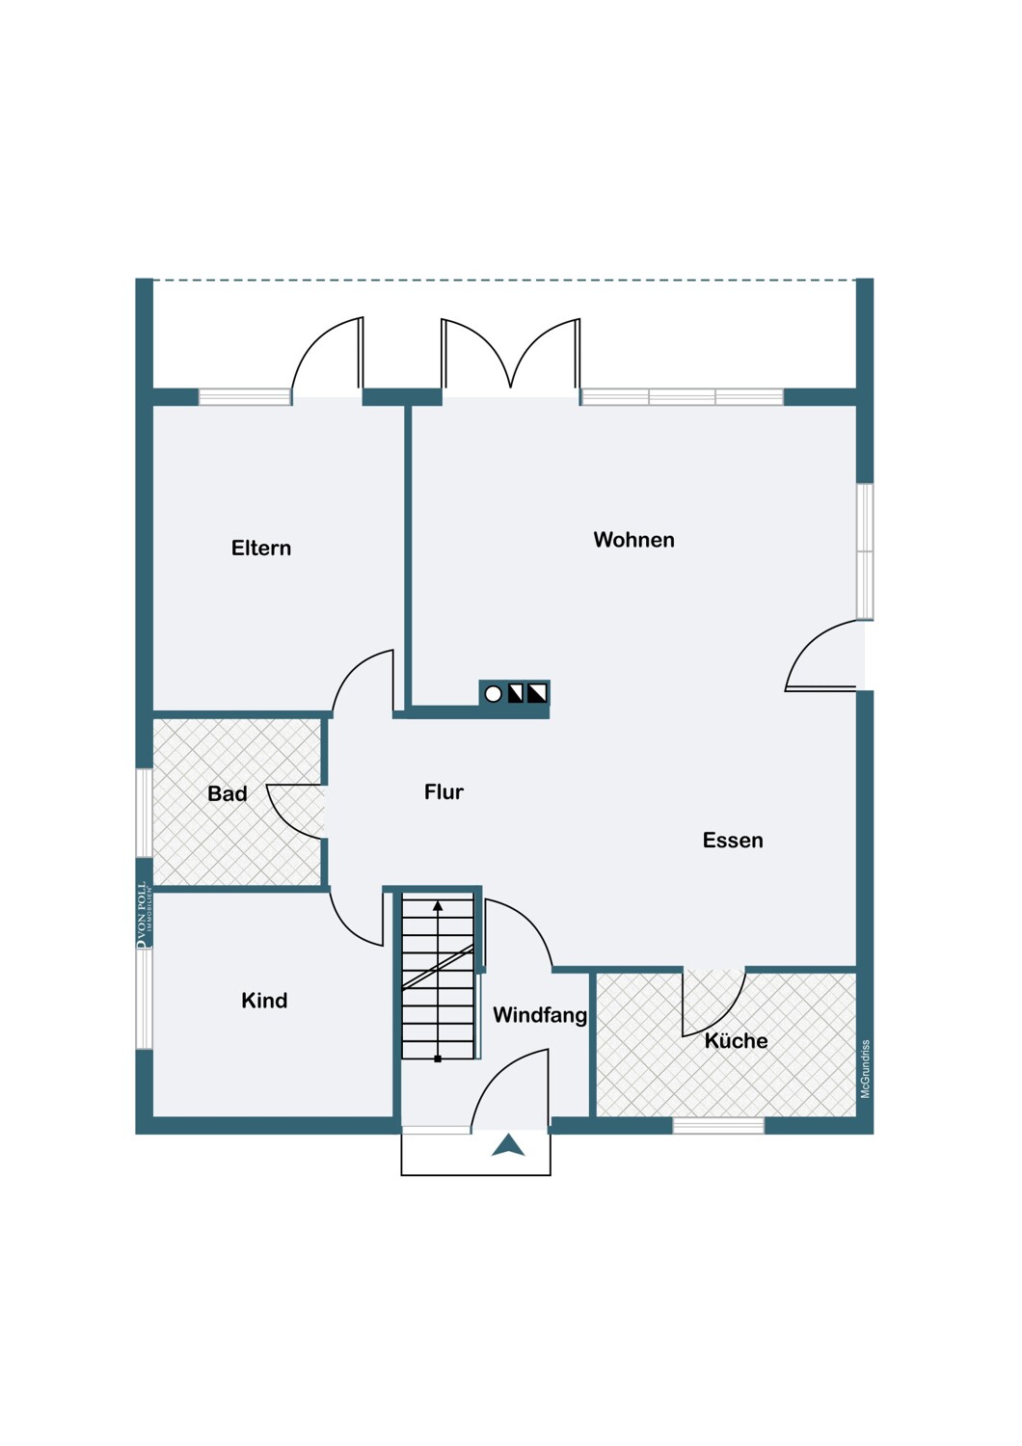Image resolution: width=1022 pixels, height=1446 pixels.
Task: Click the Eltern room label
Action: [261, 549]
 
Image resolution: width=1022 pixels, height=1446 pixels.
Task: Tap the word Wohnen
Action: [634, 540]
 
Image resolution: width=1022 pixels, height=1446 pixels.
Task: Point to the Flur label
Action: [444, 792]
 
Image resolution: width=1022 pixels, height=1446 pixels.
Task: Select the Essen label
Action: [733, 841]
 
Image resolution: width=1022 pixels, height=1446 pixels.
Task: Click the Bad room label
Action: [228, 793]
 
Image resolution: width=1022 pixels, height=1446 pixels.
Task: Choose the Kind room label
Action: [264, 1001]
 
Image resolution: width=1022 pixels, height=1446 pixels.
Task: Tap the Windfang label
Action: [540, 1015]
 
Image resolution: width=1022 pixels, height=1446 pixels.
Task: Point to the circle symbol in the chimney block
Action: [494, 695]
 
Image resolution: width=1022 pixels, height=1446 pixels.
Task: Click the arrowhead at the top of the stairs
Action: [438, 906]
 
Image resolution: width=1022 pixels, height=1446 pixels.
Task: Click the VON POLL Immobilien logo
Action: [143, 915]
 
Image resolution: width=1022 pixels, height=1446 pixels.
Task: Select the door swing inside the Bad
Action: [294, 812]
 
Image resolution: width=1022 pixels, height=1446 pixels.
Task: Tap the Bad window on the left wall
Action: [144, 813]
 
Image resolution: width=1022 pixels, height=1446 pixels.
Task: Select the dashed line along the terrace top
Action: [504, 281]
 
